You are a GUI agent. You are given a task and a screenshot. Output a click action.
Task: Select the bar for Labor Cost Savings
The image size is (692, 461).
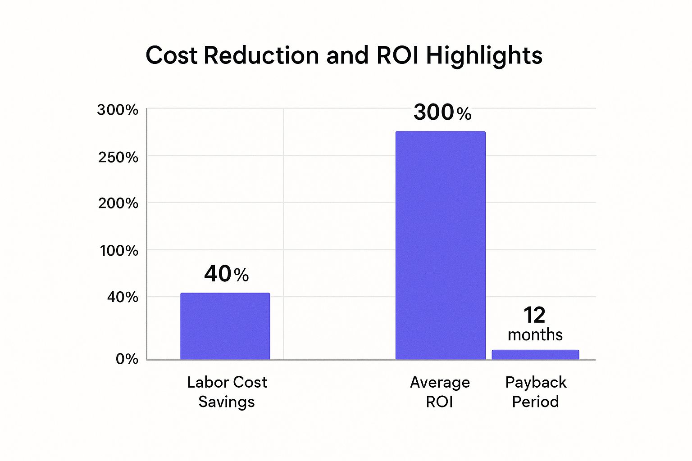pos(225,326)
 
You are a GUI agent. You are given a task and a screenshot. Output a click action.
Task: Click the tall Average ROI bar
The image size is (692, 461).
pos(440,245)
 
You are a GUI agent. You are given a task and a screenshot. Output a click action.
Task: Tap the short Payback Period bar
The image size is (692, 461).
pos(535,354)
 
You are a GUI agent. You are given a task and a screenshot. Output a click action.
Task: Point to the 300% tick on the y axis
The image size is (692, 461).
pos(118,110)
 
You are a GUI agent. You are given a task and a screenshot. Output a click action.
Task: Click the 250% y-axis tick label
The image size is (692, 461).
pos(118,157)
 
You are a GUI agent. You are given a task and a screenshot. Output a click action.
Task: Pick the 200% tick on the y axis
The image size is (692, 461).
pos(118,203)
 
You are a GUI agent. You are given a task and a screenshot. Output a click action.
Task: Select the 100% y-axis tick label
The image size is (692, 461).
pos(118,251)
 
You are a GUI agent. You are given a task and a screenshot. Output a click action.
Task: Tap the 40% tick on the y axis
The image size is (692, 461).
pos(122,297)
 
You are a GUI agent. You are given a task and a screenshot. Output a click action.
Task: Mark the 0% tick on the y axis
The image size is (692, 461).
pos(127,359)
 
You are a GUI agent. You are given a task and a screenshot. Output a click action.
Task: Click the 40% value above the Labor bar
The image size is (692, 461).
pos(226,274)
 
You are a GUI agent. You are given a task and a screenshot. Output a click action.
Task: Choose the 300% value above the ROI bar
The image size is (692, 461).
pos(442,112)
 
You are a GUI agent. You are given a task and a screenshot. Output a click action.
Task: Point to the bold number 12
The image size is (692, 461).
pos(534,315)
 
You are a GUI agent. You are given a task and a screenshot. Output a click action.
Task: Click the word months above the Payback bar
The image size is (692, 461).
pos(535,335)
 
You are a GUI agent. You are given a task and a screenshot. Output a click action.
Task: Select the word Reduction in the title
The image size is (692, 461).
pos(261,55)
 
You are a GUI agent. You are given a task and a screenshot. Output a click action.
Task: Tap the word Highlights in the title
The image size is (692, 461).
pos(484,56)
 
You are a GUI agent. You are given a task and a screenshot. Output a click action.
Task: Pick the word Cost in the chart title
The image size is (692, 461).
pos(171,55)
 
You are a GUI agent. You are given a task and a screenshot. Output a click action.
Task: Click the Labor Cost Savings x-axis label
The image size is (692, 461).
pos(227,392)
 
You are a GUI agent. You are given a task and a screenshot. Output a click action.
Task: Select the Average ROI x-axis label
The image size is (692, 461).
pos(440,392)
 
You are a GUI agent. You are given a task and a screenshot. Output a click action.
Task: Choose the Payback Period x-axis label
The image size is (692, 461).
pos(535,392)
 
